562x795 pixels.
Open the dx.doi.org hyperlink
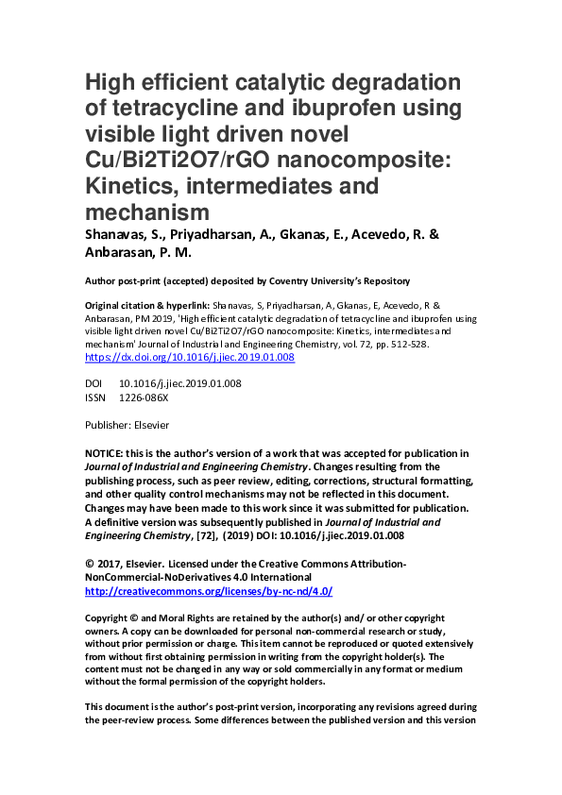coord(190,357)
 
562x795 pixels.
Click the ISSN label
coord(95,397)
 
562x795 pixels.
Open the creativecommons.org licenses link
coord(209,590)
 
